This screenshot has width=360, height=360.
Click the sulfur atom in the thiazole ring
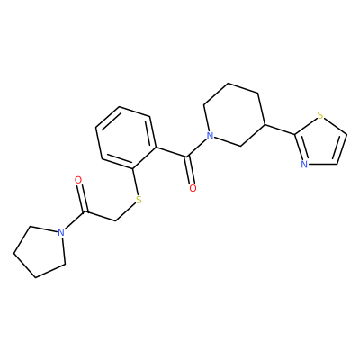pyautogui.click(x=320, y=115)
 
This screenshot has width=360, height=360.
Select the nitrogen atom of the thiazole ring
pyautogui.click(x=304, y=164)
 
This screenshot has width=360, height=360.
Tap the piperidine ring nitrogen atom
pyautogui.click(x=211, y=137)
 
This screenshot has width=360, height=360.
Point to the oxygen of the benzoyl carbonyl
pyautogui.click(x=193, y=188)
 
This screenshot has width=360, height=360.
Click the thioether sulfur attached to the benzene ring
pyautogui.click(x=139, y=200)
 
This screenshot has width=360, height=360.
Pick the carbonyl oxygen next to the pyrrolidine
pyautogui.click(x=78, y=180)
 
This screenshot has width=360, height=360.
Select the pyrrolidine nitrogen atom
pyautogui.click(x=61, y=232)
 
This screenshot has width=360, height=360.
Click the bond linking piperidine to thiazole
pyautogui.click(x=280, y=130)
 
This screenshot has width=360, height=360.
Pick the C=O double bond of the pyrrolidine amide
pyautogui.click(x=82, y=198)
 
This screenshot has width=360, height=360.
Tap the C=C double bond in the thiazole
pyautogui.click(x=342, y=149)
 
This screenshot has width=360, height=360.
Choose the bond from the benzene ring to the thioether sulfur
pyautogui.click(x=135, y=182)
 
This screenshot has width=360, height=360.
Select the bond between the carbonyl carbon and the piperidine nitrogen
pyautogui.click(x=197, y=148)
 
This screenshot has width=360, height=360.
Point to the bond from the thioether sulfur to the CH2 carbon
pyautogui.click(x=125, y=213)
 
